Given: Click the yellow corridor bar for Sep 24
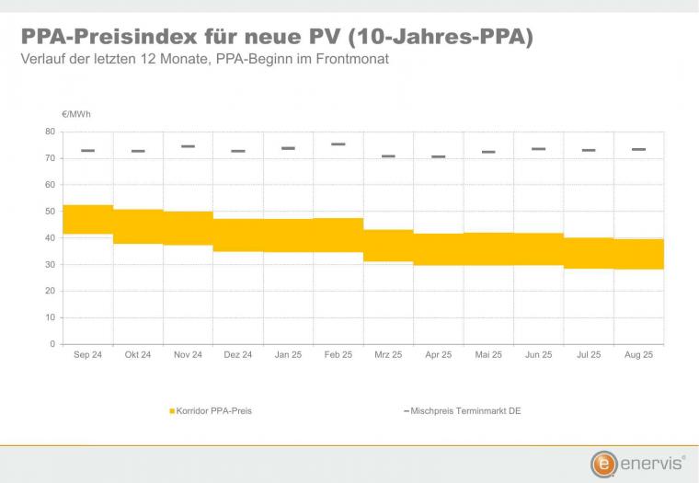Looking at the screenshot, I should tap(88, 219).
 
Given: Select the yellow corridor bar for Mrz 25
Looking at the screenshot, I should tap(388, 246).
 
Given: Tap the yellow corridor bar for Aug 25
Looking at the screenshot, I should tap(638, 254).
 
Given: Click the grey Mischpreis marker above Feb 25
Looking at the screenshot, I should tap(338, 144).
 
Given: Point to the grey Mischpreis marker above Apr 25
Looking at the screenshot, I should tap(439, 156).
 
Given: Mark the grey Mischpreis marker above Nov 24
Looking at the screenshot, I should tap(189, 146).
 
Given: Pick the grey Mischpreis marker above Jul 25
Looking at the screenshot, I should tap(589, 150).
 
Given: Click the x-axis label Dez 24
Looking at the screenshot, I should tap(238, 355).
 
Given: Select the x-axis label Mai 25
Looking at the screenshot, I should tap(488, 355).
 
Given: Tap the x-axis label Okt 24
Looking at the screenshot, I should tap(138, 355).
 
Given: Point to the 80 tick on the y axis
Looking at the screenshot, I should tap(51, 132).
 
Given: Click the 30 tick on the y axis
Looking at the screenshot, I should tap(51, 265).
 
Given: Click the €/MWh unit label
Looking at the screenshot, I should tap(76, 114).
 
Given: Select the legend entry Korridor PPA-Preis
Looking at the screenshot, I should tap(213, 410).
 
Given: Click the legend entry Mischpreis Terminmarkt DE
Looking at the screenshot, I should tap(465, 410).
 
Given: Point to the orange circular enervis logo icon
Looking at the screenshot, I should tap(604, 463).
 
